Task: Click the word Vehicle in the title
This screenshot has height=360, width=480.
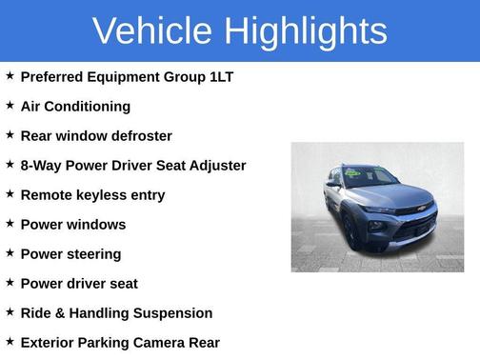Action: pyautogui.click(x=152, y=31)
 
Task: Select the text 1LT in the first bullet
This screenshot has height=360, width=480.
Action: pyautogui.click(x=221, y=77)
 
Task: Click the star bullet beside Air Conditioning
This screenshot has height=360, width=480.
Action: pyautogui.click(x=10, y=105)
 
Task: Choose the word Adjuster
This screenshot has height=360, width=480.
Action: pyautogui.click(x=216, y=166)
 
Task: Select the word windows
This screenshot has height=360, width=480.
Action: pyautogui.click(x=93, y=225)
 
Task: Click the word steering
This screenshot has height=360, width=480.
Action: pyautogui.click(x=93, y=254)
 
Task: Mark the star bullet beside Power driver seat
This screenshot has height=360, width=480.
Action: pyautogui.click(x=10, y=283)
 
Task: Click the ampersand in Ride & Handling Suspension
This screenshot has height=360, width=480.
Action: pyautogui.click(x=61, y=313)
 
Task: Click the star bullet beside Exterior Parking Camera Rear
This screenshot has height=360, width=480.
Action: pyautogui.click(x=10, y=341)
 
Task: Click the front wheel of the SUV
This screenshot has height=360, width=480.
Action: pyautogui.click(x=350, y=233)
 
